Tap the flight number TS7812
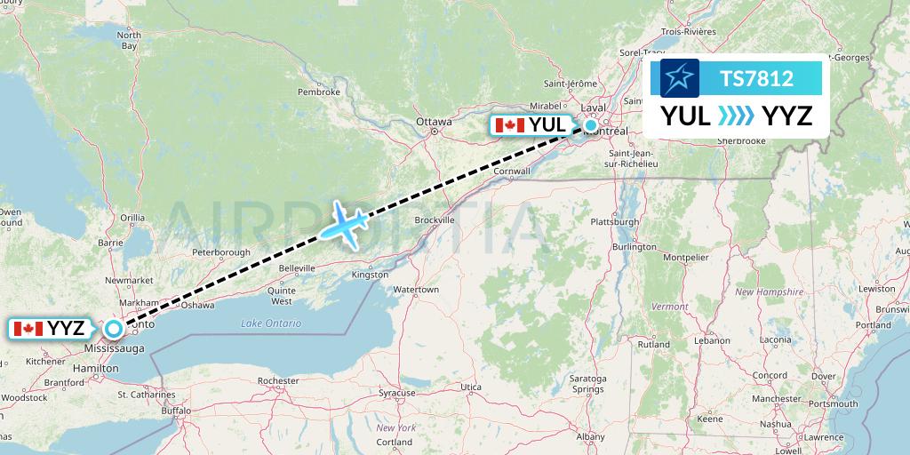[756, 79]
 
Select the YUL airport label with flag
[531, 125]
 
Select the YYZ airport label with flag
[51, 329]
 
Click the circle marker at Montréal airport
[591, 125]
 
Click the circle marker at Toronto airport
[113, 329]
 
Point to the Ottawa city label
[434, 122]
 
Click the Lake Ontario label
[271, 323]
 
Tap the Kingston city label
[370, 275]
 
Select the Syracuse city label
[396, 392]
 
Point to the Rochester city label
[276, 380]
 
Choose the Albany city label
[590, 436]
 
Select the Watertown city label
[416, 290]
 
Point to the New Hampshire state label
[769, 291]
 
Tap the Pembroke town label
[319, 92]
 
